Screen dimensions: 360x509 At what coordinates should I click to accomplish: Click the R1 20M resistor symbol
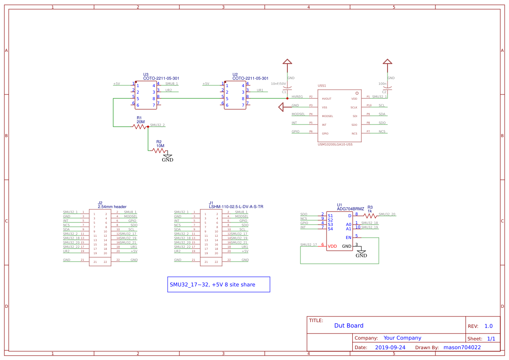(x=141, y=126)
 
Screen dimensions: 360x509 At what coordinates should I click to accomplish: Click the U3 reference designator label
(x=146, y=74)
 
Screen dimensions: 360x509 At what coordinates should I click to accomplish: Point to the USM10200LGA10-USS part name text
(x=335, y=144)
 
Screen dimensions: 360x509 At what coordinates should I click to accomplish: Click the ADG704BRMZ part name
(x=351, y=209)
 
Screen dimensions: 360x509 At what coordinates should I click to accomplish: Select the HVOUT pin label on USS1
(x=327, y=99)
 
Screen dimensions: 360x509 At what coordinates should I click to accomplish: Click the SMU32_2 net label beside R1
(x=157, y=125)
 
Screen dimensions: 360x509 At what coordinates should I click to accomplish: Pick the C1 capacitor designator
(x=284, y=92)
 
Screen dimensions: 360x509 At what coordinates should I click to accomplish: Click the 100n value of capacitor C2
(x=382, y=83)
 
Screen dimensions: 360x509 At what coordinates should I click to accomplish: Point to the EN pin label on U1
(x=348, y=237)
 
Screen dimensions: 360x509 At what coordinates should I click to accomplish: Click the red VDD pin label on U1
(x=332, y=246)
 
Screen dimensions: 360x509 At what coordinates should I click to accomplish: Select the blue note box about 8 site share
(x=219, y=284)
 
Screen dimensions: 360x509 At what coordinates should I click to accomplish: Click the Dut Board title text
(x=348, y=326)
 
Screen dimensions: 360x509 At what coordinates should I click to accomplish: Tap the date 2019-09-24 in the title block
(x=390, y=347)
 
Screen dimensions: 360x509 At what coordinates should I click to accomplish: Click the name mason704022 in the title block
(x=462, y=347)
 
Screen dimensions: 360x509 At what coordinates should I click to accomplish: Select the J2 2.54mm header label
(x=112, y=206)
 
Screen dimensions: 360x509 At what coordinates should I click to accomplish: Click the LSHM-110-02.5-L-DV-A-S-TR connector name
(x=236, y=207)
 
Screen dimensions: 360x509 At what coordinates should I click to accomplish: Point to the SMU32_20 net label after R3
(x=387, y=214)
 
